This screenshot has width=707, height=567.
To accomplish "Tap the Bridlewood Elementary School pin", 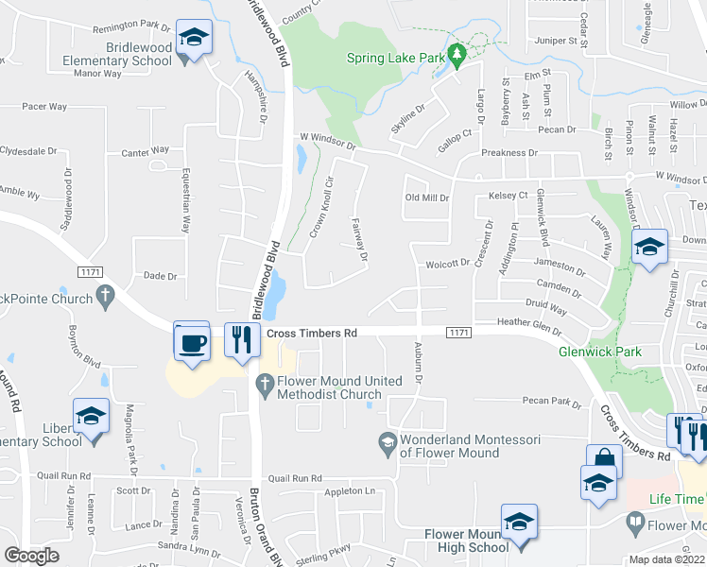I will (x=195, y=39).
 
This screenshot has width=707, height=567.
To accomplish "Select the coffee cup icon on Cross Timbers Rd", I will (x=193, y=342).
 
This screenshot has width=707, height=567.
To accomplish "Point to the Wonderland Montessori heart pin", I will (x=387, y=440).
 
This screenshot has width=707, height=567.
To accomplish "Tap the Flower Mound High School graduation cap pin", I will (x=519, y=523).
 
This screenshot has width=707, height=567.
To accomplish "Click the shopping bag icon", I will (x=604, y=461).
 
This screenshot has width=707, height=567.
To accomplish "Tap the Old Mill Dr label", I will (x=425, y=198).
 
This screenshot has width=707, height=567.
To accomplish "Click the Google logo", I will (x=31, y=556).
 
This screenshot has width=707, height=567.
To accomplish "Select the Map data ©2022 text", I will (x=667, y=559).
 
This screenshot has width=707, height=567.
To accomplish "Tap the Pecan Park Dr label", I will (x=553, y=402).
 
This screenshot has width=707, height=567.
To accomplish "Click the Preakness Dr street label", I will (x=509, y=152).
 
